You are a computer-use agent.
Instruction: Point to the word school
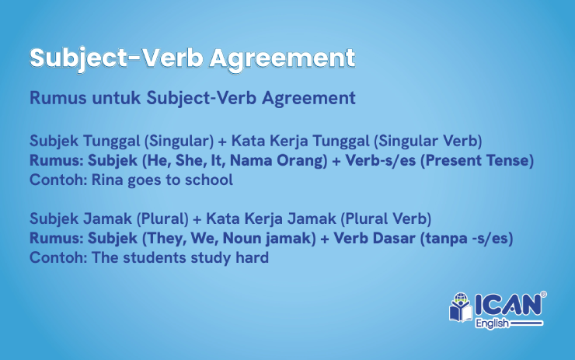[x=210, y=180]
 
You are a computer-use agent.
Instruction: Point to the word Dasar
[x=389, y=239]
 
